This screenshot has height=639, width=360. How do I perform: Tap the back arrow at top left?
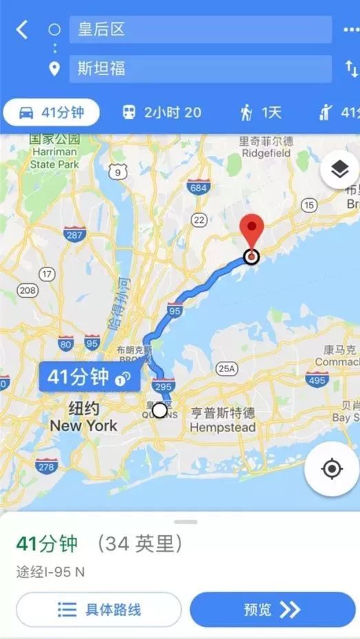tap(22, 30)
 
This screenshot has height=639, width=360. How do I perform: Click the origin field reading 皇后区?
tap(200, 30)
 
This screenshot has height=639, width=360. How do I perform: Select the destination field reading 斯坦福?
tap(200, 69)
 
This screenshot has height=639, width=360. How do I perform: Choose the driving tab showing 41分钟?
tap(52, 112)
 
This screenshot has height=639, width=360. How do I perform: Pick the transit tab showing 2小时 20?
tap(161, 112)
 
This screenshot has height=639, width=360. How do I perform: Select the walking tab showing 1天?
tap(261, 112)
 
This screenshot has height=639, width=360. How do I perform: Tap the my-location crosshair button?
tap(332, 468)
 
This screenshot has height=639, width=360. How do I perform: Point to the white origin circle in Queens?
tap(160, 411)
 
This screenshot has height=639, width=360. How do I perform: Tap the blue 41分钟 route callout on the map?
tap(89, 376)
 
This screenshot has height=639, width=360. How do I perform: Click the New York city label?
tap(83, 418)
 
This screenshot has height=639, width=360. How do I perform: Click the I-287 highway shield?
tap(74, 235)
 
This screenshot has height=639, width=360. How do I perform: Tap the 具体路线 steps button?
tap(98, 609)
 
